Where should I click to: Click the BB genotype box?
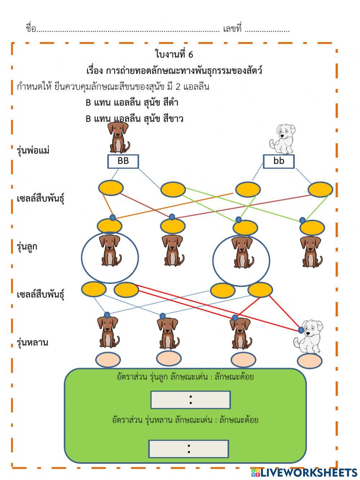pos(123,161)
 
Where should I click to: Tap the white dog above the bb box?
pos(282,139)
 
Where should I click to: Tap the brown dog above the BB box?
pos(118,137)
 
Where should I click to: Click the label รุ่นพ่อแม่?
pos(33,150)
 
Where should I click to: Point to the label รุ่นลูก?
pos(27,247)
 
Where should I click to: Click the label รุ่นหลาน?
pos(32,342)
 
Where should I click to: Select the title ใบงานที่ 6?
pos(174,54)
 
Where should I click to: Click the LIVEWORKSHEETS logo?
pos(304,472)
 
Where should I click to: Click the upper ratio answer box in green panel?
pos(190,400)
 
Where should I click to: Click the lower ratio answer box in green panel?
pos(189,449)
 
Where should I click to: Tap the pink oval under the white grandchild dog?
pos(310,361)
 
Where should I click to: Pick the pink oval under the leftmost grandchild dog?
pos(108,360)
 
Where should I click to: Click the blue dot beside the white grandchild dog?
pos(301,330)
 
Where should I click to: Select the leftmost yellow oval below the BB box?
pos(111,188)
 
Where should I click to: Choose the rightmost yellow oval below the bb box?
pos(320,190)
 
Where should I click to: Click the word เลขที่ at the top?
pos(232,29)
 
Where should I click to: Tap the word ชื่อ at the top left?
pos(31,29)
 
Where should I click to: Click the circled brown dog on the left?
pos(110,252)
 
